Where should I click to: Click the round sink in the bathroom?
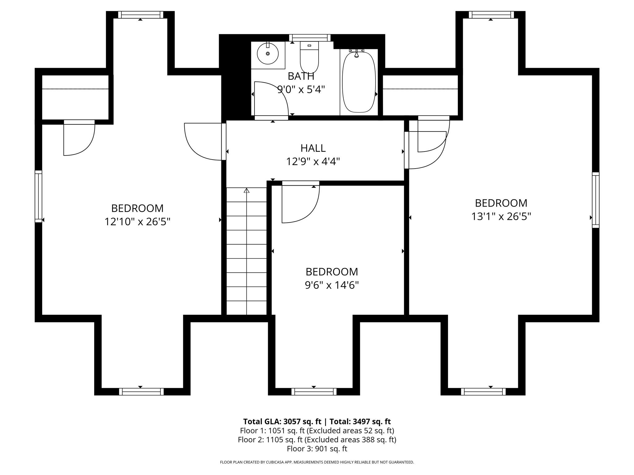[268, 54]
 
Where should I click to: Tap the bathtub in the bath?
[359, 82]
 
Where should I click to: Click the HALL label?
[313, 148]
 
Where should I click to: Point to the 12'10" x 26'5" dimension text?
[137, 222]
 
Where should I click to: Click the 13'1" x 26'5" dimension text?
[501, 216]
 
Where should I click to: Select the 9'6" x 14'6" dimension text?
[332, 285]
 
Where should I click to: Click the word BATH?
[301, 76]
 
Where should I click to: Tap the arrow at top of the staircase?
[246, 190]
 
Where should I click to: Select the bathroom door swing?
[271, 99]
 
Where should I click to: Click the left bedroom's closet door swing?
[79, 139]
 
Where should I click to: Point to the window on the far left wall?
[38, 196]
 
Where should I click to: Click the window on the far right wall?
[596, 200]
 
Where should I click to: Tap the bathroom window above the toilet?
[310, 38]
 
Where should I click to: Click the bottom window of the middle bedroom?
[314, 392]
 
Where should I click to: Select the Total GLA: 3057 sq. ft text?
[282, 422]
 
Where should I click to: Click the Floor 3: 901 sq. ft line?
[317, 449]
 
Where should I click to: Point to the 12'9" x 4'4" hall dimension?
[313, 161]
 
